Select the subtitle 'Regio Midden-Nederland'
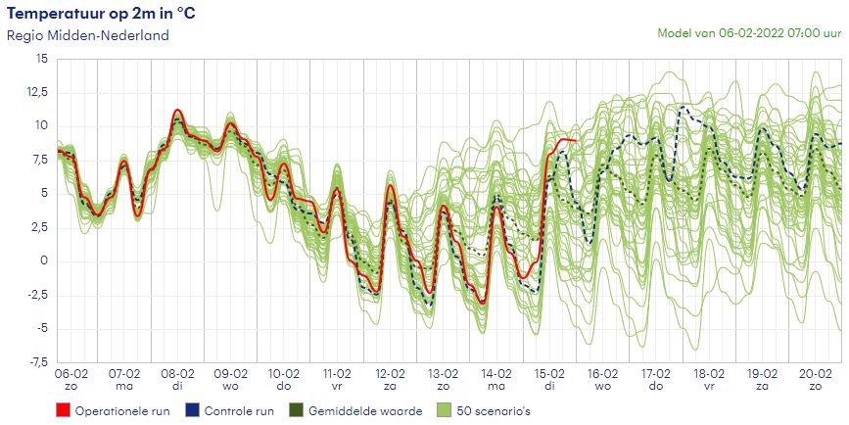(88, 35)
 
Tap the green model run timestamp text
(751, 32)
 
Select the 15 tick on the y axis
(41, 59)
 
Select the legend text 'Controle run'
(239, 411)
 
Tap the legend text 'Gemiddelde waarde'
(365, 411)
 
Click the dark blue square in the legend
(193, 411)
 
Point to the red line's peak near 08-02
(177, 111)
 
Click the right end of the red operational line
(576, 142)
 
